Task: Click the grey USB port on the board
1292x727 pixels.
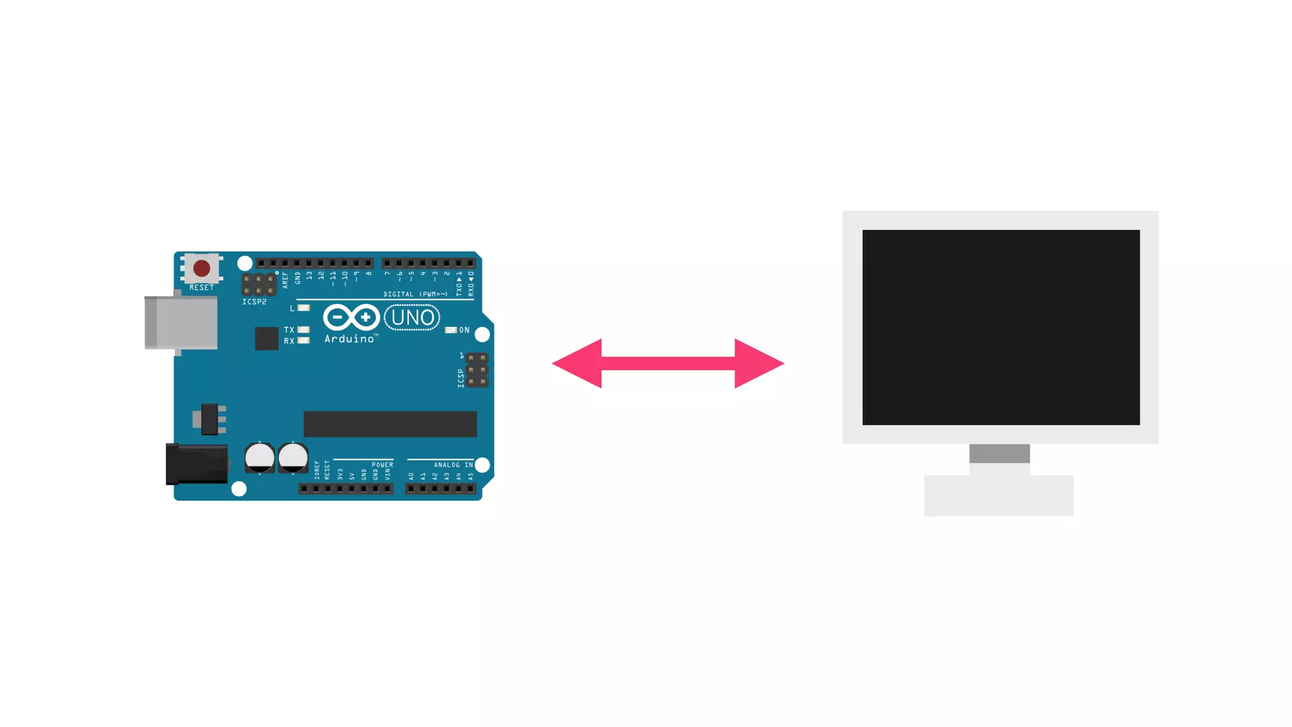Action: click(182, 322)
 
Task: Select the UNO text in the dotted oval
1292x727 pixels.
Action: click(412, 317)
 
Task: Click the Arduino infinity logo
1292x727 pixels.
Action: click(351, 317)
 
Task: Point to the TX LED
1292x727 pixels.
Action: click(304, 330)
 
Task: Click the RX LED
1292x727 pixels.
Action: click(304, 341)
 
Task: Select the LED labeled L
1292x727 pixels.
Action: click(304, 308)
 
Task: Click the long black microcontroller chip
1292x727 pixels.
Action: click(390, 424)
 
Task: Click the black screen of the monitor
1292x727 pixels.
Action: click(1001, 327)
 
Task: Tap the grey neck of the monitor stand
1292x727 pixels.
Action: click(999, 453)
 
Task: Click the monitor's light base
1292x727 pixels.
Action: click(999, 496)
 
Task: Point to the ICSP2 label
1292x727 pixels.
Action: click(254, 302)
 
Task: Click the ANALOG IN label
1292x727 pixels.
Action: click(453, 465)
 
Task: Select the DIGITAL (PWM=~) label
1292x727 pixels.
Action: click(416, 294)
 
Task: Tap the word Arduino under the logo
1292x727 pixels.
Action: click(349, 340)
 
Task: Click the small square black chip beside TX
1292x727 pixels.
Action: click(266, 338)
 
